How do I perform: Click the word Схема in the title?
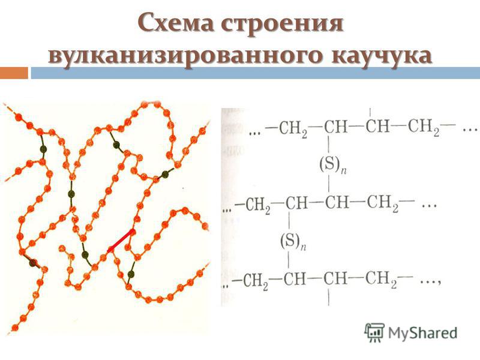(175, 23)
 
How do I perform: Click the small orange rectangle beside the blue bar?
(14, 73)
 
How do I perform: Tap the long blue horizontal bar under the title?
(256, 73)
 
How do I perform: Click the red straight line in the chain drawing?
(121, 241)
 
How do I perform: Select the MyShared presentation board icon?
(374, 332)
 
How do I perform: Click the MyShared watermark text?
(423, 333)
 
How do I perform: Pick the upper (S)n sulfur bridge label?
(333, 166)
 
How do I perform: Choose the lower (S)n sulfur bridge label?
(293, 241)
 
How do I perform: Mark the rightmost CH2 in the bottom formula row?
(381, 279)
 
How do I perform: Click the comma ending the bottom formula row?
(439, 283)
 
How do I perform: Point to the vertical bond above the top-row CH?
(370, 112)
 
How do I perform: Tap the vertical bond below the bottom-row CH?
(329, 298)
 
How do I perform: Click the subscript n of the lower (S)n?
(303, 247)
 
